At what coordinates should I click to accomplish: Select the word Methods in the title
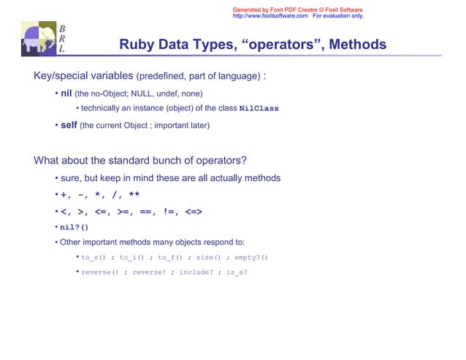pyautogui.click(x=357, y=45)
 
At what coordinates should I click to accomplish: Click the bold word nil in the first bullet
pyautogui.click(x=66, y=93)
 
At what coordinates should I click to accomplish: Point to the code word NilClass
pyautogui.click(x=259, y=109)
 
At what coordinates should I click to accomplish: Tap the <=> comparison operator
pyautogui.click(x=193, y=212)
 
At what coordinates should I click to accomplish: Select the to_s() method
pyautogui.click(x=93, y=258)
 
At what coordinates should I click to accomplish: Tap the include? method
pyautogui.click(x=196, y=272)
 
